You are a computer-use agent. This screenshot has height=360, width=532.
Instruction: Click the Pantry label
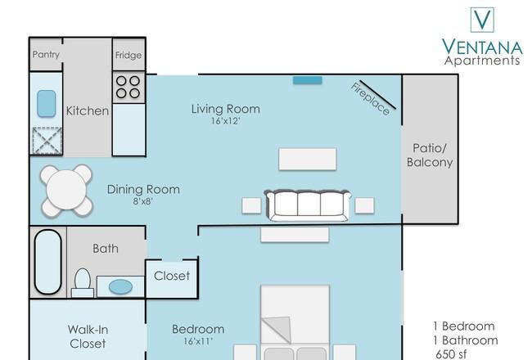(46, 54)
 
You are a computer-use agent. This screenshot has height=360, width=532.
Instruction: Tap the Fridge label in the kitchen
(128, 55)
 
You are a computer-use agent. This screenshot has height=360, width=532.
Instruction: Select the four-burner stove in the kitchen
(128, 87)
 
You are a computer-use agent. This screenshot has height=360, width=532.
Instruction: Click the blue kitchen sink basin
(46, 103)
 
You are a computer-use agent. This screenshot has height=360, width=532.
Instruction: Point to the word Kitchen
(88, 110)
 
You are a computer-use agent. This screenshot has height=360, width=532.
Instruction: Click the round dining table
(66, 191)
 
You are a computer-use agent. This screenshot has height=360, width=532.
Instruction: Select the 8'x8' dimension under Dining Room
(143, 201)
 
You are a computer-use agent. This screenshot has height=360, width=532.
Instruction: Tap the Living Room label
(226, 109)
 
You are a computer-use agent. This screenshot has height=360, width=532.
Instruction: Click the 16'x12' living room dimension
(226, 121)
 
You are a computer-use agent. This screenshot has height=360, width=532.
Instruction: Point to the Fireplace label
(370, 99)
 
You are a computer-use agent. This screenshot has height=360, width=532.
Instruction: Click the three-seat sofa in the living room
(308, 205)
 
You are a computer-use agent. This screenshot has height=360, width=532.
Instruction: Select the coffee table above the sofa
(308, 159)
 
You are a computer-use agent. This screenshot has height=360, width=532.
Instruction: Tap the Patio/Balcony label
(430, 155)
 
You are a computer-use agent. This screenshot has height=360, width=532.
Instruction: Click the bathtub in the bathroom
(47, 262)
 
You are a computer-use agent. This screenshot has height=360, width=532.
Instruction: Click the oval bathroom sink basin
(120, 287)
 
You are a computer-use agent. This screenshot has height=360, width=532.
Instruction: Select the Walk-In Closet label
(88, 336)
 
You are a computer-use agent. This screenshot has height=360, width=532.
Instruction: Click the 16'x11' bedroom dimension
(198, 341)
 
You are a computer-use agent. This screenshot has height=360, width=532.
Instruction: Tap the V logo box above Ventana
(482, 20)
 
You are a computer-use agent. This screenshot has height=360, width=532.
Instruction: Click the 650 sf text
(451, 354)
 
